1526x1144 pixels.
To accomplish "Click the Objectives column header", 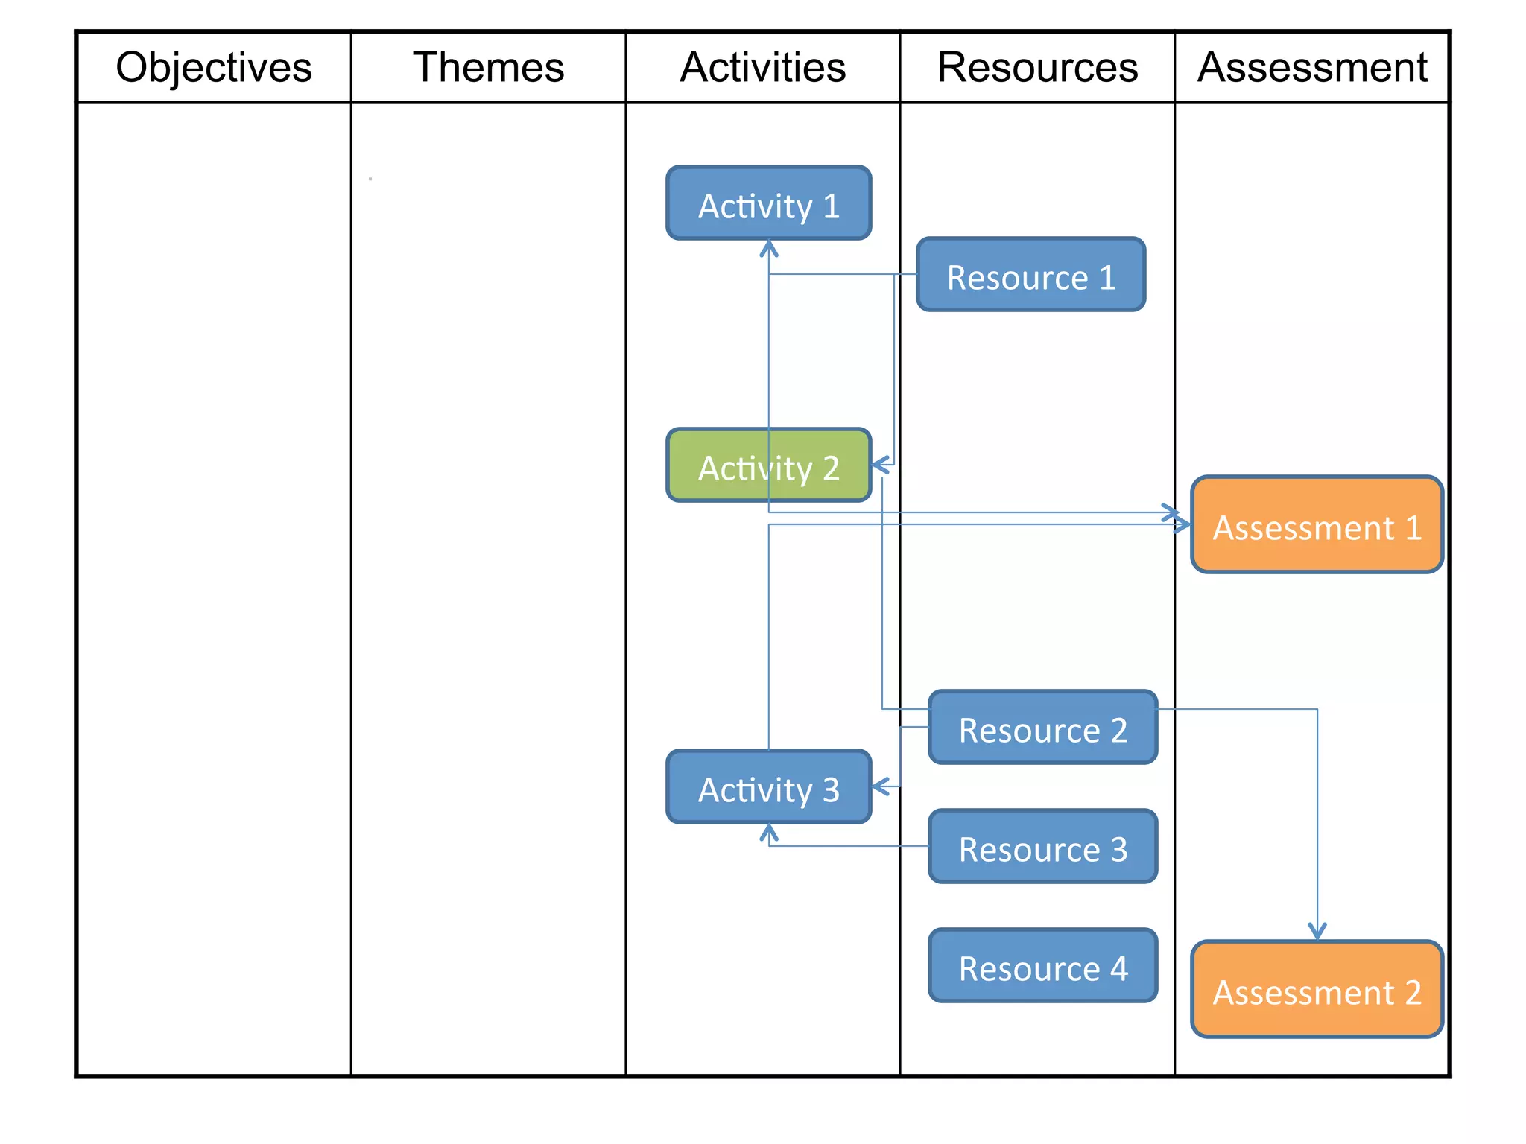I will point(214,67).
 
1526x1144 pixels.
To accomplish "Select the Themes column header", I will point(488,67).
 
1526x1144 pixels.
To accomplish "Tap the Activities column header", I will point(762,67).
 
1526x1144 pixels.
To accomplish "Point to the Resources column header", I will point(1037,67).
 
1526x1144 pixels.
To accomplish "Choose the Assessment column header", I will point(1312,67).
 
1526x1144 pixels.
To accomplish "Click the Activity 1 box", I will point(768,203).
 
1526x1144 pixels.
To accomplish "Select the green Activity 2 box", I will point(768,465).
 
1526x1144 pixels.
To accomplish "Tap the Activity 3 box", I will point(768,787).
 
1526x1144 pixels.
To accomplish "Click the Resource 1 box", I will point(1030,275).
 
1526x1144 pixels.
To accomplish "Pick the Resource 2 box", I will point(1042,728).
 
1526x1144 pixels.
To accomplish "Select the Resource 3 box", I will point(1042,847).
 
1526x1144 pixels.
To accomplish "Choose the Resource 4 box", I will point(1042,966).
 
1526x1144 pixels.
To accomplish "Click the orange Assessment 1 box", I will point(1317,525).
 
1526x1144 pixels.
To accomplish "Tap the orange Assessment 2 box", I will point(1317,990).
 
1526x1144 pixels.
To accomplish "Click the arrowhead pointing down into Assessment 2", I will point(1317,932).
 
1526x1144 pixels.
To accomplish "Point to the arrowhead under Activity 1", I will point(769,248).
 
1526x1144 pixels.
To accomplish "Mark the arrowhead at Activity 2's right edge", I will point(880,465).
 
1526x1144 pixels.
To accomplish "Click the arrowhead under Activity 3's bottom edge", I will point(769,832).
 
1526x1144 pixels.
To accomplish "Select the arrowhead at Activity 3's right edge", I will point(880,786).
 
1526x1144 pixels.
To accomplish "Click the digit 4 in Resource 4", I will point(1118,968).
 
